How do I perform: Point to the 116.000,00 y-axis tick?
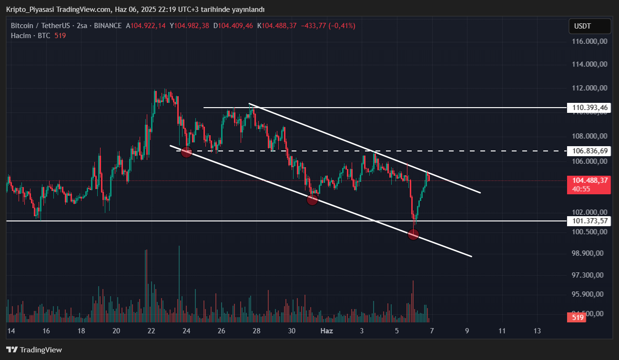pyautogui.click(x=590, y=41)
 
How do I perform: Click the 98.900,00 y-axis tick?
pyautogui.click(x=590, y=253)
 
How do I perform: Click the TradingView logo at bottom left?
pyautogui.click(x=34, y=350)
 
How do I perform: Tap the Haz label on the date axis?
pyautogui.click(x=326, y=330)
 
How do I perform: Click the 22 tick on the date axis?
pyautogui.click(x=152, y=330)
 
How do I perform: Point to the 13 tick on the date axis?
pyautogui.click(x=538, y=330)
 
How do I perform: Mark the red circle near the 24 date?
pyautogui.click(x=186, y=152)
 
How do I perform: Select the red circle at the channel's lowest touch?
pyautogui.click(x=413, y=234)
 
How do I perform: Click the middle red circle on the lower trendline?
pyautogui.click(x=312, y=200)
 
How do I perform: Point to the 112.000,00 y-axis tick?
pyautogui.click(x=590, y=88)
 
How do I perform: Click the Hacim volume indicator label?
pyautogui.click(x=21, y=36)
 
